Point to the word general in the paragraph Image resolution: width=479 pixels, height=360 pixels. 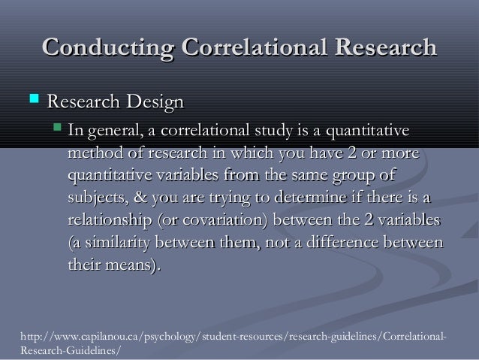[x=111, y=133]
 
